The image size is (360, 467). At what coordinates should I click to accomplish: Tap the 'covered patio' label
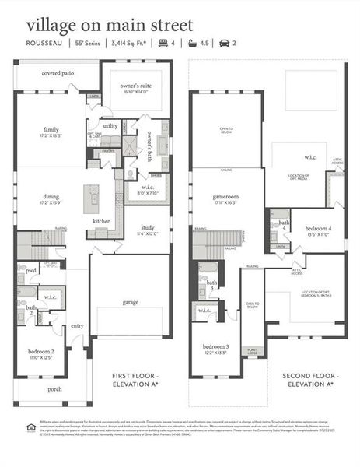pyautogui.click(x=58, y=73)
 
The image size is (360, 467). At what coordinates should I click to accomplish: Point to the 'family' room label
pyautogui.click(x=51, y=130)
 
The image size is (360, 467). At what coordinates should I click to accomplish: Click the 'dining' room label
pyautogui.click(x=51, y=198)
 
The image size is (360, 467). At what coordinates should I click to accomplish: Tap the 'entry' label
pyautogui.click(x=76, y=327)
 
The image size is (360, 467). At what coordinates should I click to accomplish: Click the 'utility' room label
pyautogui.click(x=110, y=125)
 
